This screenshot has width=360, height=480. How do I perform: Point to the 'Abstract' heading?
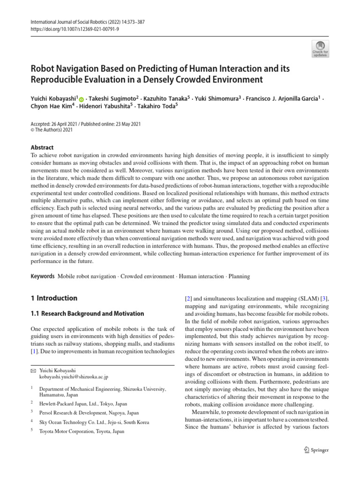click(42, 147)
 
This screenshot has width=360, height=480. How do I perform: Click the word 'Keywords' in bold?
click(42, 277)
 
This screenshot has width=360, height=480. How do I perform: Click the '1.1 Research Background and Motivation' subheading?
click(87, 314)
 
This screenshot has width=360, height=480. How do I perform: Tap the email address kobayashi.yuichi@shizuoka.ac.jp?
click(74, 376)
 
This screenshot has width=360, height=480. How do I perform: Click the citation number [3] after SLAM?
click(323, 298)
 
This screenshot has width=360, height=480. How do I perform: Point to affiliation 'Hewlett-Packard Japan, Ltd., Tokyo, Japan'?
click(83, 404)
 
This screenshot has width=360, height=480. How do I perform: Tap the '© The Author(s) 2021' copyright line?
click(52, 130)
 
